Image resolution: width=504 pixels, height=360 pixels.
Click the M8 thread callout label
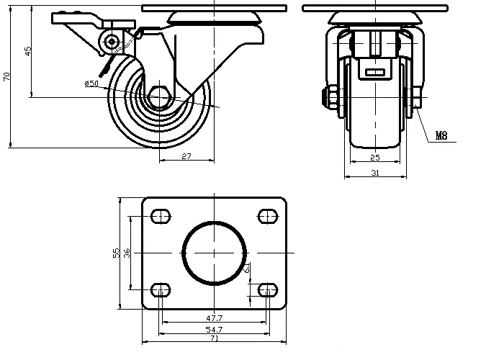coord(441,135)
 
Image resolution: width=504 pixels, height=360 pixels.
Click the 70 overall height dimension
coord(7,76)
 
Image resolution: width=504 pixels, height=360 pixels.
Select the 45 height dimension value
coord(28,52)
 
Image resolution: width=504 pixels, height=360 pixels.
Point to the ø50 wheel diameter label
coord(91,84)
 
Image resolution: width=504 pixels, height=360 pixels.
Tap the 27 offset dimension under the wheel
coord(185,156)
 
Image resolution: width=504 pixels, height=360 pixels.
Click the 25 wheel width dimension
coord(374,157)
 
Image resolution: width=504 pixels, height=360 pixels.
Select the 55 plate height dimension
coord(115,253)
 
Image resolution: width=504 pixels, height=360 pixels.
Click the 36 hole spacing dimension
coord(127,253)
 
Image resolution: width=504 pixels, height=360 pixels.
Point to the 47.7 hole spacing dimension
coord(214,318)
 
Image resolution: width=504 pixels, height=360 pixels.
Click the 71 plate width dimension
coord(214,338)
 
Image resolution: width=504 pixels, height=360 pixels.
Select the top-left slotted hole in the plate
coord(161,215)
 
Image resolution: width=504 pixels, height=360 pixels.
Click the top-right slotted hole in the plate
coord(267,215)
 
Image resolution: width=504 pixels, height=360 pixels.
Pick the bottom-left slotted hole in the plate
coord(161,290)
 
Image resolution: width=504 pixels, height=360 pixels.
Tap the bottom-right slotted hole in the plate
coord(267,290)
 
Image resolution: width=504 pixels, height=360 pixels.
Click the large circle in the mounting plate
coord(214,253)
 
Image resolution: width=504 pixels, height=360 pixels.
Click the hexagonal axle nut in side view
coord(160,97)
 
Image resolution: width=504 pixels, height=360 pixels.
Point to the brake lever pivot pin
coord(112,42)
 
